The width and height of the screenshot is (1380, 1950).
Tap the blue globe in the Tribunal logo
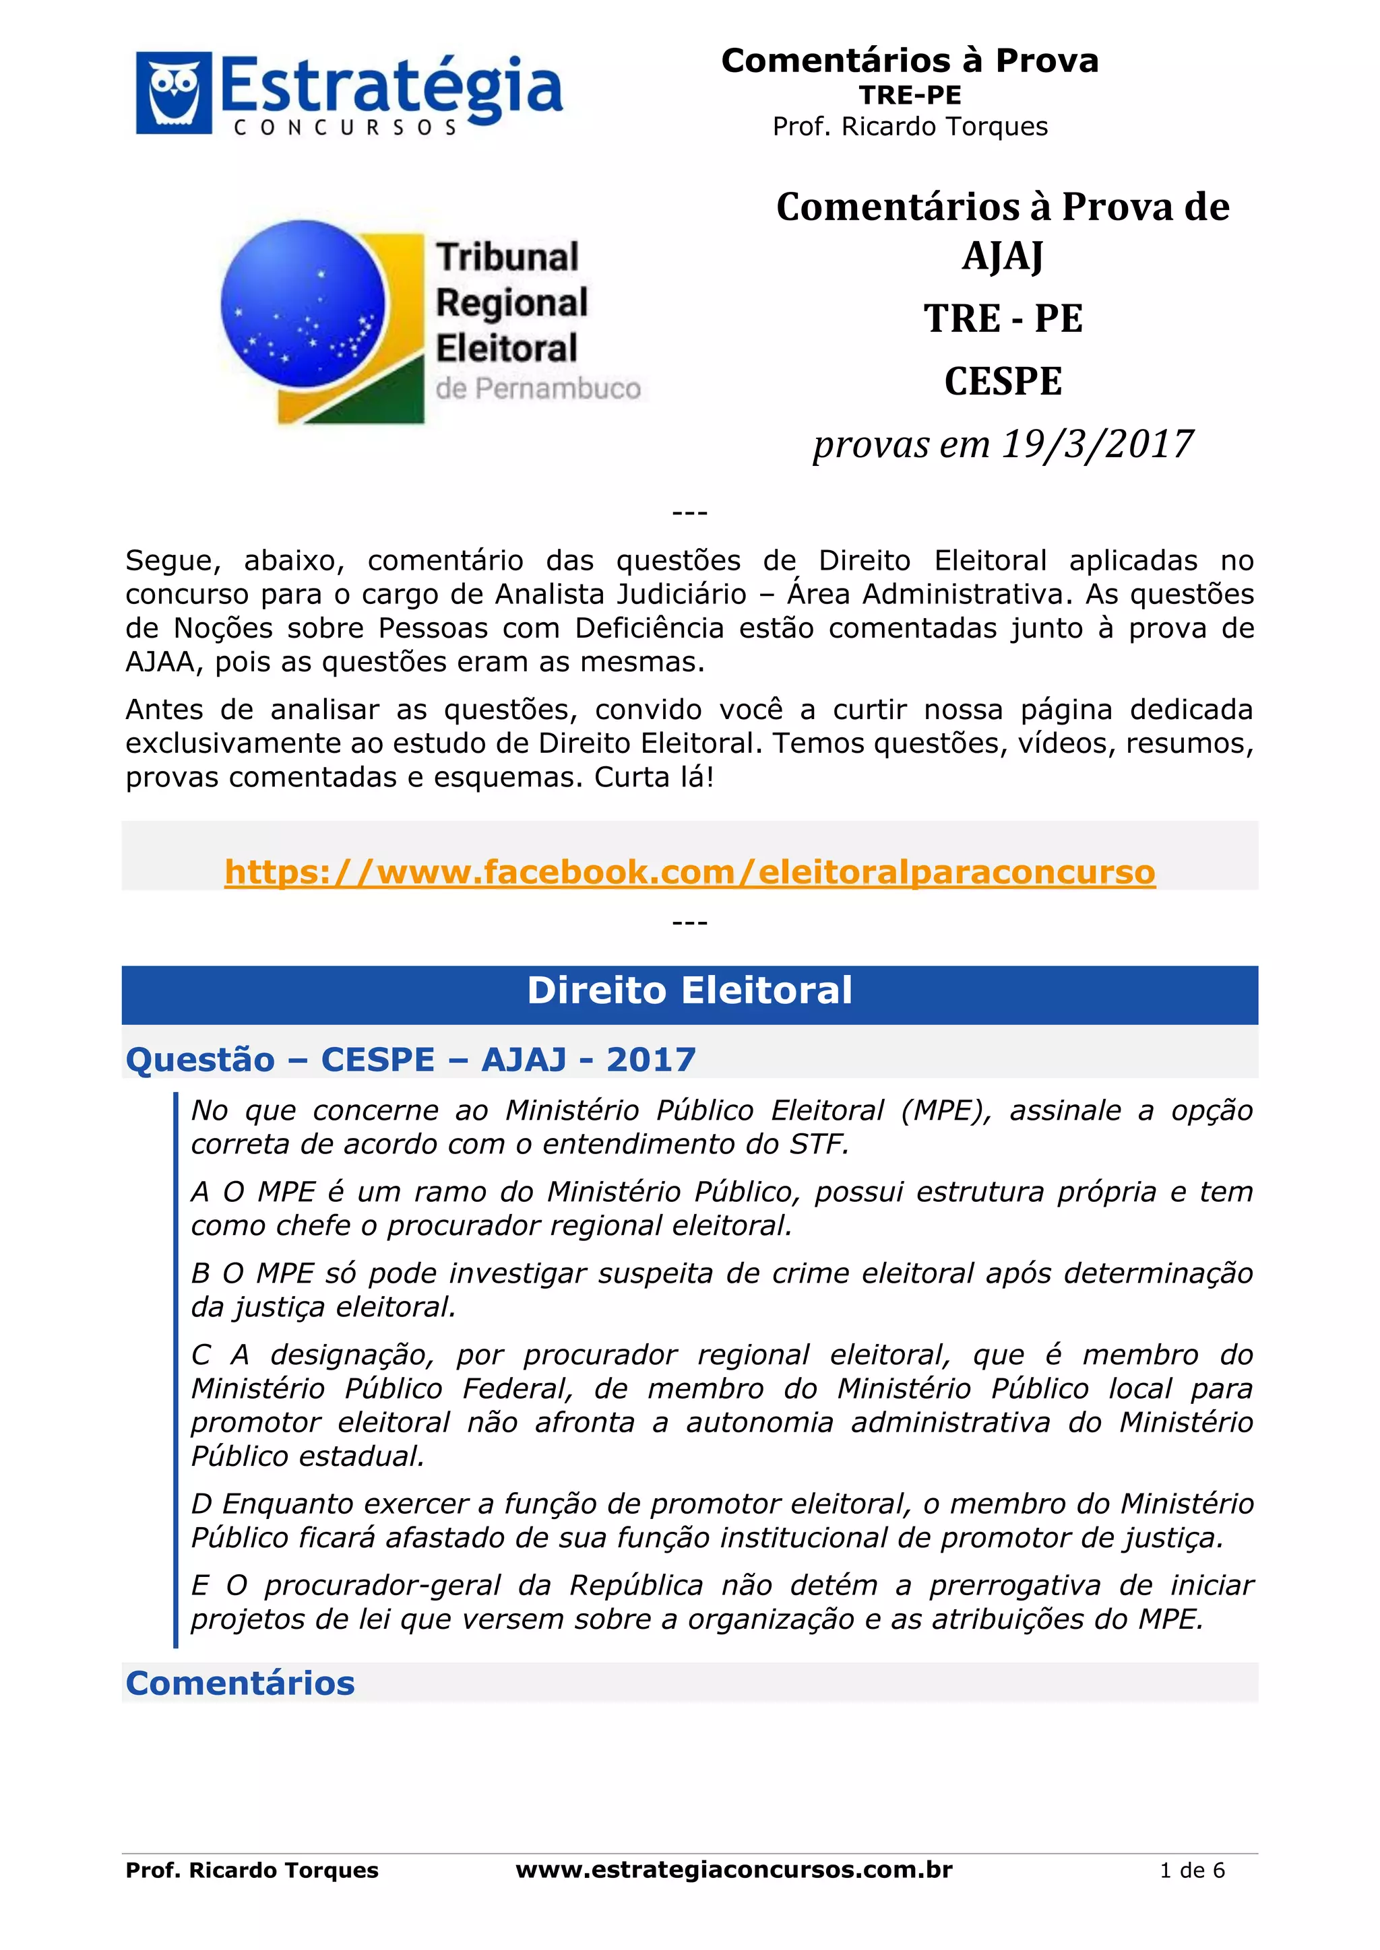303,302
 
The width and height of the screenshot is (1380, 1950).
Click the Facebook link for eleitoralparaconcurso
689,872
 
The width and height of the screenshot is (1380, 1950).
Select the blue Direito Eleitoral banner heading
689,991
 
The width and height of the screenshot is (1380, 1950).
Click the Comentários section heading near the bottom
241,1683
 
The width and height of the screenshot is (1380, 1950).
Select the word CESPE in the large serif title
1003,381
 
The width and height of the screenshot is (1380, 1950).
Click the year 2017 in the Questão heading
651,1060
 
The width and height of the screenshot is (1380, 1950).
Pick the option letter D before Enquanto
201,1504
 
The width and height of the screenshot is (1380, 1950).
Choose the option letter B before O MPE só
201,1273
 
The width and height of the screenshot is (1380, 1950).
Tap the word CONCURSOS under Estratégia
345,128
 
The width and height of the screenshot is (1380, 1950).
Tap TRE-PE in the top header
909,95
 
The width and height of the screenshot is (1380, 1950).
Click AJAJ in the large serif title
1003,256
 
